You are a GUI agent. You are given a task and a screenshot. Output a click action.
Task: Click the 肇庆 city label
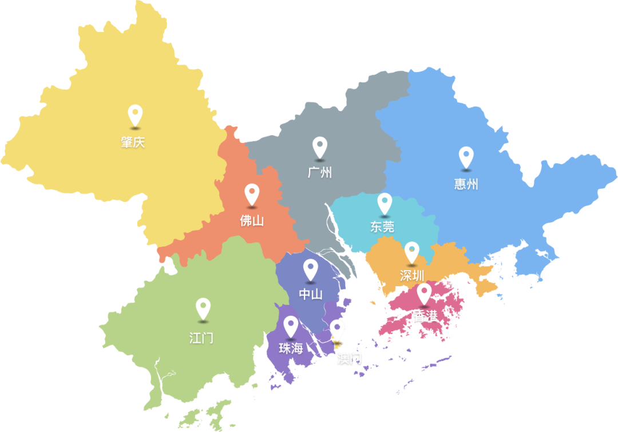coord(133,142)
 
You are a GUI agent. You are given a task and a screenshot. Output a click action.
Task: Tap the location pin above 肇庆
coord(135,115)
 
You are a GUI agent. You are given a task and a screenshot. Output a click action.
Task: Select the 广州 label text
coord(320,172)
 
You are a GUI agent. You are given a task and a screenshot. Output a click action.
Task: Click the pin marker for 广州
coord(320,147)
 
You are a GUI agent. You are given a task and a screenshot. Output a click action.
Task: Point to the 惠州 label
coord(466,184)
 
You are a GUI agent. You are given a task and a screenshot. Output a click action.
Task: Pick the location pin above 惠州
coord(466,157)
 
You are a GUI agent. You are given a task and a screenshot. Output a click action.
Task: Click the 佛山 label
coord(252,220)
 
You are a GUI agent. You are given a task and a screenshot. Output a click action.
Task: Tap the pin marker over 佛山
coord(252,193)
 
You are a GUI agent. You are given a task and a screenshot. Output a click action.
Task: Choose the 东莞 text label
coord(382,227)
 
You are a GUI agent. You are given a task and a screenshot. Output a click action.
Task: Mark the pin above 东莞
coord(385,203)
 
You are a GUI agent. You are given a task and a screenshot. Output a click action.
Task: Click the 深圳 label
coord(412,275)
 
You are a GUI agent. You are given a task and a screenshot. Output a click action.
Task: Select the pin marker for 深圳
coord(412,252)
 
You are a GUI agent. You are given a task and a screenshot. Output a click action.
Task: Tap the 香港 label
coord(425,315)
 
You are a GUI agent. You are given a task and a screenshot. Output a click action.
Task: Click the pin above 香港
coord(424,292)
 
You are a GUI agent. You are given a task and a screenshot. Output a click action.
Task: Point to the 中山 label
coord(311,295)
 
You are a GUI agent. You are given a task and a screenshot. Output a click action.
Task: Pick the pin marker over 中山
coord(311,269)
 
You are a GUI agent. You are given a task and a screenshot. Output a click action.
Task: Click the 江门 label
coord(201,338)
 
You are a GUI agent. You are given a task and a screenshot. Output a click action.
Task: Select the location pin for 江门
coord(203,308)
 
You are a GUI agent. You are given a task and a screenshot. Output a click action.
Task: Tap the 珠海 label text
coord(291,348)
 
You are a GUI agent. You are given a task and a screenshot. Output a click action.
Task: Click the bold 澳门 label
coord(350,359)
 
